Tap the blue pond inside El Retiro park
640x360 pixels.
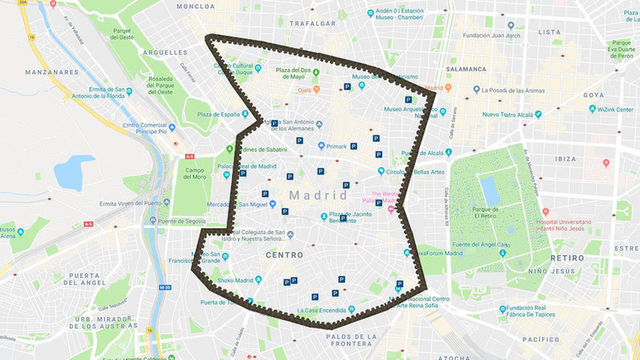489,189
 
